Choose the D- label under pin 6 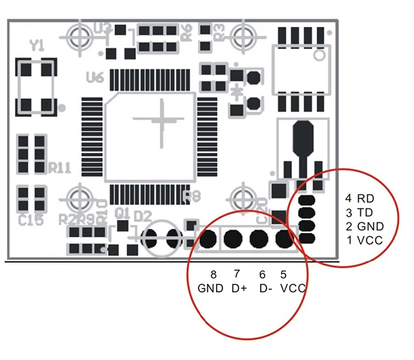(264, 288)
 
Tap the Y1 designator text (37, 46)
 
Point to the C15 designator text (32, 220)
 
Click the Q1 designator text (122, 212)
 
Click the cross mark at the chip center (163, 120)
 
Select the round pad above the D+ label (234, 239)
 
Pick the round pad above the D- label (259, 239)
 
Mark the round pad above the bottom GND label (208, 239)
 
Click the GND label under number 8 (210, 288)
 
